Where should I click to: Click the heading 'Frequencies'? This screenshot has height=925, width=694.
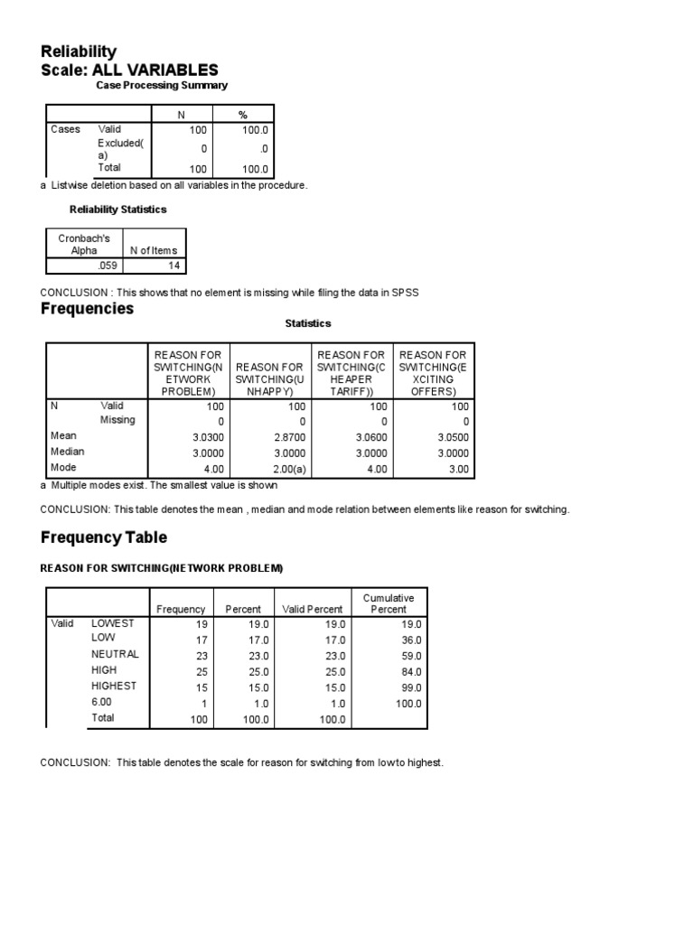point(87,309)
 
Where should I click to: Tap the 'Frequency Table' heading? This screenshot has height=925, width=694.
point(104,537)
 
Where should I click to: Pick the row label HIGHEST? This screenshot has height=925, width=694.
point(114,686)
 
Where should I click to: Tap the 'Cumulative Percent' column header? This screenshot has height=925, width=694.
point(389,603)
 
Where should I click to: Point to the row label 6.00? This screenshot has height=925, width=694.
point(102,702)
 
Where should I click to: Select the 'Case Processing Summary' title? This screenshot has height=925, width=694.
point(162,85)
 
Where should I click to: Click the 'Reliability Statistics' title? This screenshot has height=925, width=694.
point(118,210)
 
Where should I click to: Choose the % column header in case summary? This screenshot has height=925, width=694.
point(242,115)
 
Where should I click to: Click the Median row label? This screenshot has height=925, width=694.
point(68,452)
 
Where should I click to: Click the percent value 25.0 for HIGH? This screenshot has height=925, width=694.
point(249,671)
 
